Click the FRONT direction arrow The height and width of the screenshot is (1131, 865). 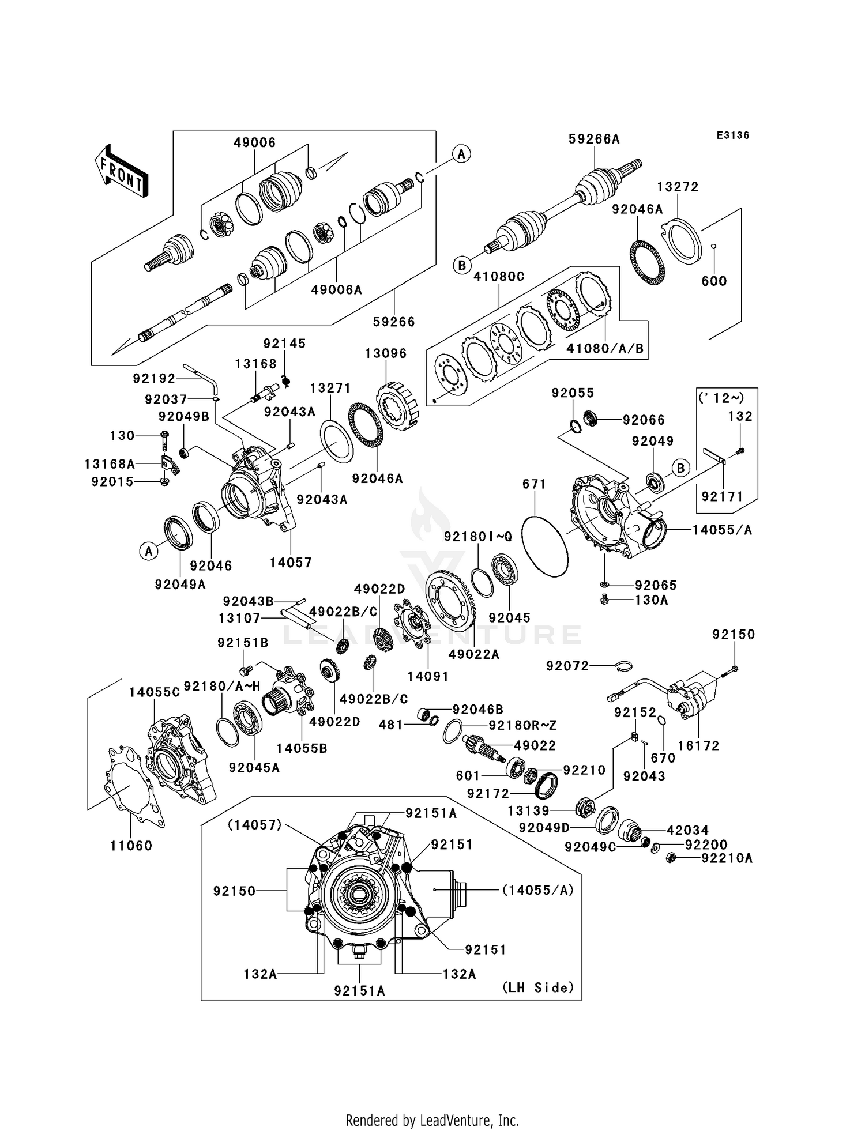coord(122,171)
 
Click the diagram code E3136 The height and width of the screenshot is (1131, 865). coord(732,135)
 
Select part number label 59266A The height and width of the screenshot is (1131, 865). coord(594,139)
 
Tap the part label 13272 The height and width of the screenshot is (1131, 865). coord(678,187)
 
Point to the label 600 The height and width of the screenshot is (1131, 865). coord(714,281)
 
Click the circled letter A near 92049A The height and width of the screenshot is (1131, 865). coord(148,552)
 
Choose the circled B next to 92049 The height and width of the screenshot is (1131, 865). coord(680,468)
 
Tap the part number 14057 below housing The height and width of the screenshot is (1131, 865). coord(291,563)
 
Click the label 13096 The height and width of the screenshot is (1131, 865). coord(386,353)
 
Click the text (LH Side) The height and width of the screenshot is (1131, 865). coord(538,987)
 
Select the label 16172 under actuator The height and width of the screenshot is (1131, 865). coord(698,745)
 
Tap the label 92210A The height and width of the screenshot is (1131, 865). coord(727,858)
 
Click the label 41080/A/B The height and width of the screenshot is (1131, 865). coord(605,349)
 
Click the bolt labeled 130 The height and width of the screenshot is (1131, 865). coord(164,437)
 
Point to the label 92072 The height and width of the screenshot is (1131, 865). coord(567,666)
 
